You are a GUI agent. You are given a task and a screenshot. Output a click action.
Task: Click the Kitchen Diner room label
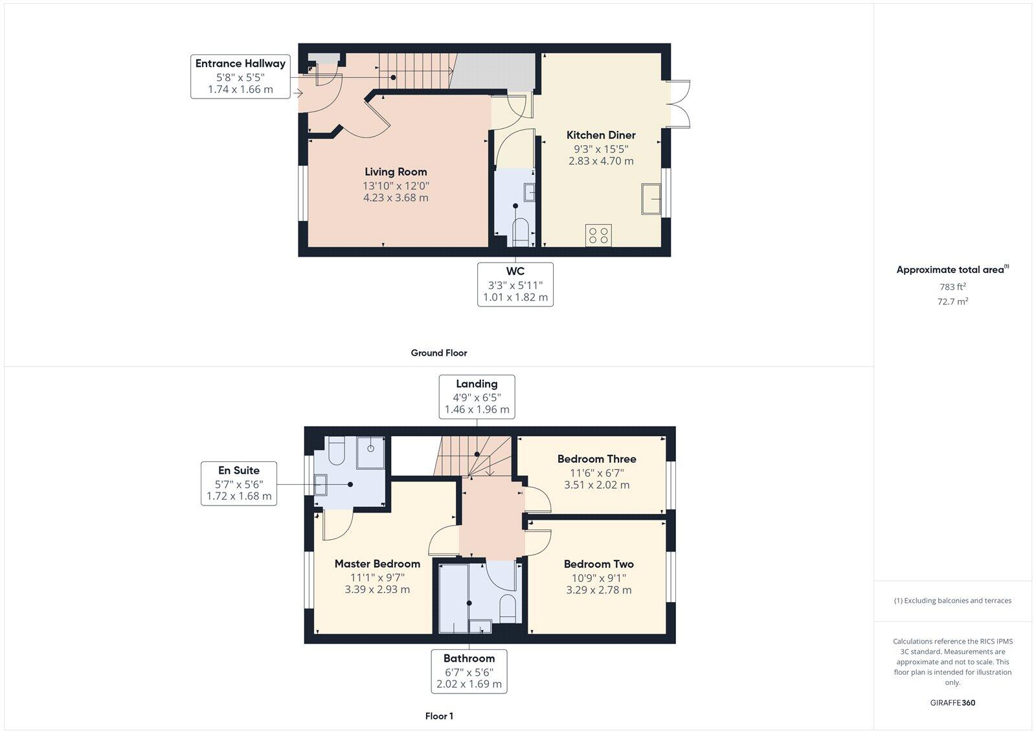[x=601, y=135]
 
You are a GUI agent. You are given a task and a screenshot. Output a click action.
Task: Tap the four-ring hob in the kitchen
[x=598, y=235]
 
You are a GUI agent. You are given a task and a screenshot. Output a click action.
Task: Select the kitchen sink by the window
[x=651, y=198]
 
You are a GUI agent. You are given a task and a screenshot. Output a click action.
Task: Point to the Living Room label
[x=396, y=172]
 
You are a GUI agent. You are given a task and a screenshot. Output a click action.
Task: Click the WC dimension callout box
[x=515, y=284]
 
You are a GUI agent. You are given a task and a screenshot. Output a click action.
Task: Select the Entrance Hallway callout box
[x=240, y=76]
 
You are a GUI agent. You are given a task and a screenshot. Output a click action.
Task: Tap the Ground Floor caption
[x=438, y=353]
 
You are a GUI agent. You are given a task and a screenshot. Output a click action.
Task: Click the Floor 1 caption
[x=439, y=716]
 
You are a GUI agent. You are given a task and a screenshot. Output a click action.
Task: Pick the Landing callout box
[x=477, y=397]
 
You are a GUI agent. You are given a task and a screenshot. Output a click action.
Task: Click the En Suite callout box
[x=239, y=483]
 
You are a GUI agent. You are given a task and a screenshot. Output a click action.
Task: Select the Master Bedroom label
[x=377, y=564]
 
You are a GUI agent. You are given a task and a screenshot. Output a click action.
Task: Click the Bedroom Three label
[x=596, y=459]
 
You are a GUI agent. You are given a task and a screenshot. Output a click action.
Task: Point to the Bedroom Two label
[x=598, y=564]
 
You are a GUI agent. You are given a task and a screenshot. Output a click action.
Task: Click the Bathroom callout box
[x=469, y=671]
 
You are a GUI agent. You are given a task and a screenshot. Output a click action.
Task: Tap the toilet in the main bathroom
[x=508, y=608]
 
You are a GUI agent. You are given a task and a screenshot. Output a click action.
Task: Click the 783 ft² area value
[x=952, y=286]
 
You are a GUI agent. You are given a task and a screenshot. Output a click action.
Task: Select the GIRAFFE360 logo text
[x=952, y=702]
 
